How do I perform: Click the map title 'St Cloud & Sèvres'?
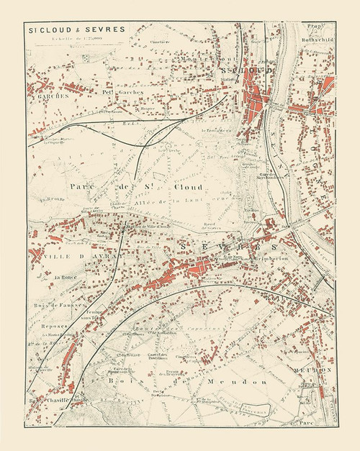(76, 30)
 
